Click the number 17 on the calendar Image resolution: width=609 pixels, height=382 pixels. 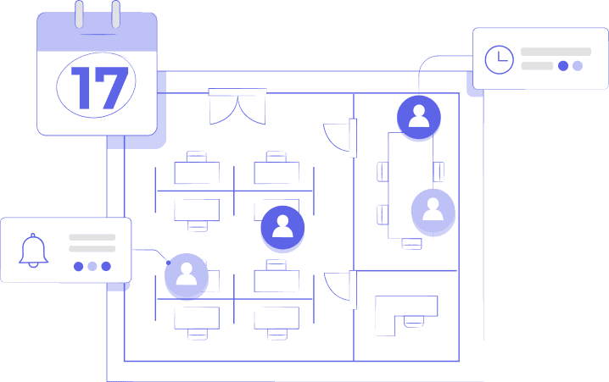98,87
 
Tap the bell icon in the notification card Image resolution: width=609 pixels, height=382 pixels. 33,251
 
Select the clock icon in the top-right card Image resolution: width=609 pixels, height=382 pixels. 499,58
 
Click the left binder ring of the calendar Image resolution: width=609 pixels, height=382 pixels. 79,14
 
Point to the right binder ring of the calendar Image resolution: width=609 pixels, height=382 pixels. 115,14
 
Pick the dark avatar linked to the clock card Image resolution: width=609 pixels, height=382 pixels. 418,117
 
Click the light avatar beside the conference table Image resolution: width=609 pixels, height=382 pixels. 433,209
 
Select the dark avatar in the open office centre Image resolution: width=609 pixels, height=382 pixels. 282,227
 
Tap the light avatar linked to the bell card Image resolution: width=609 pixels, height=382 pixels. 187,274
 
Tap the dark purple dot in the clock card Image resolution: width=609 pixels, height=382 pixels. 563,66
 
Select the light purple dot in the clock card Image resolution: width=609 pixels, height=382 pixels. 578,66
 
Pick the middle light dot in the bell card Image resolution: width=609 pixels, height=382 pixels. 92,266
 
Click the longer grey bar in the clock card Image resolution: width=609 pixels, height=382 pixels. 556,52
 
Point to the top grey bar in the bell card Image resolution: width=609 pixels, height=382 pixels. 92,237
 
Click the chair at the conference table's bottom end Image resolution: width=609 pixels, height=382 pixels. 411,244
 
